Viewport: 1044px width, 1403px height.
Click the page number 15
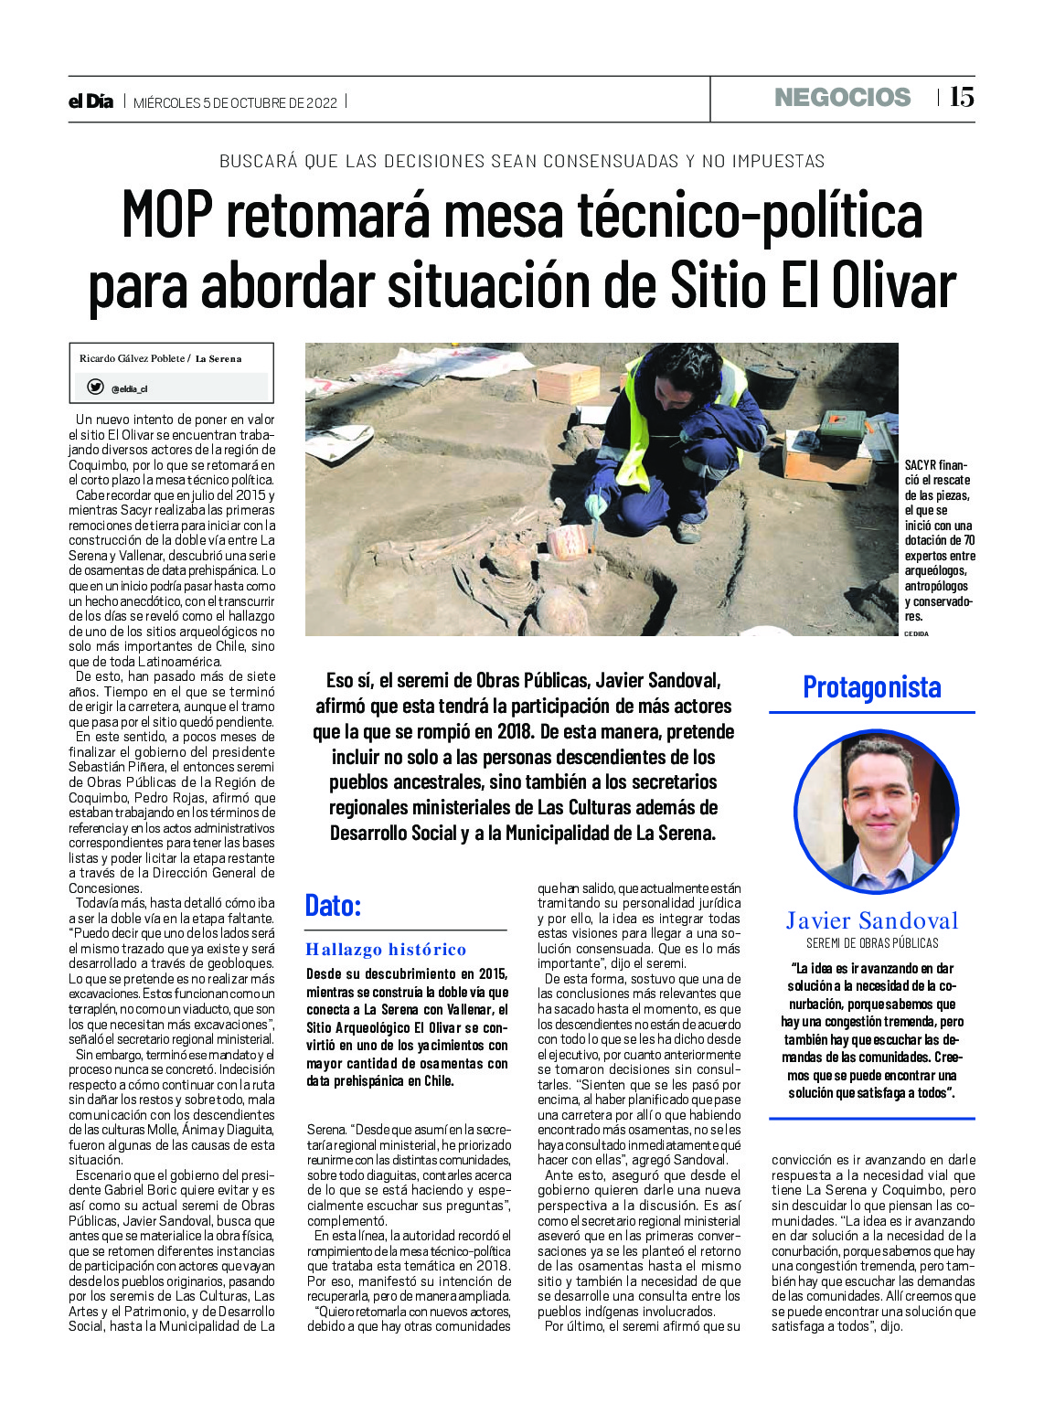tap(962, 97)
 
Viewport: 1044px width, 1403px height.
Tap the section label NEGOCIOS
tap(842, 98)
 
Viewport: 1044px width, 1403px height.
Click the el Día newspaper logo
tap(91, 101)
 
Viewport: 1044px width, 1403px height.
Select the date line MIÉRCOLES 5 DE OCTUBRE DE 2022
tap(236, 102)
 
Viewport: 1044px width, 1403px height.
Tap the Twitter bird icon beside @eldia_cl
tap(95, 388)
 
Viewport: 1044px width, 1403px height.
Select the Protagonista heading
tap(871, 687)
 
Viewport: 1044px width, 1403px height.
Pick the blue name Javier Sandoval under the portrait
tap(871, 920)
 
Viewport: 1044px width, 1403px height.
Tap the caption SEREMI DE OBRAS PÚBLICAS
tap(871, 943)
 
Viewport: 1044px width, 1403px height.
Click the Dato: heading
tap(334, 906)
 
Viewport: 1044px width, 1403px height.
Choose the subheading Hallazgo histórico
tap(386, 950)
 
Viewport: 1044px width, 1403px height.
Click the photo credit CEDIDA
tap(916, 633)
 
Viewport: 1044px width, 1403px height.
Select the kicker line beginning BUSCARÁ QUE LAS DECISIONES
tap(522, 162)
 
